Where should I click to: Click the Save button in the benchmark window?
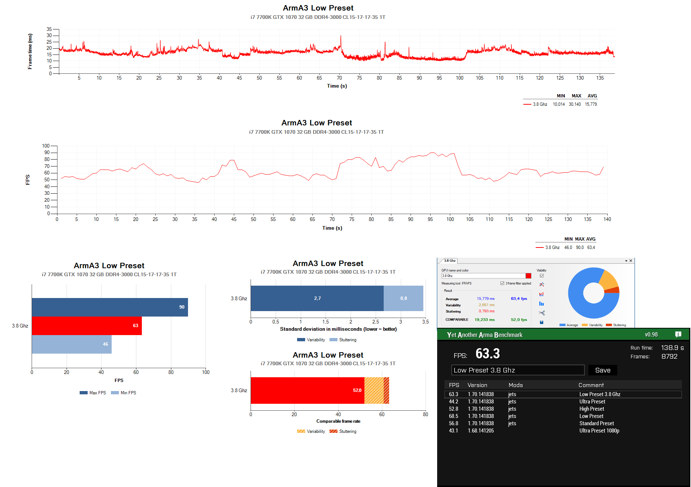(x=603, y=370)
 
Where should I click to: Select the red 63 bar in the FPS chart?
(x=87, y=326)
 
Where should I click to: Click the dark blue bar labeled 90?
(x=110, y=307)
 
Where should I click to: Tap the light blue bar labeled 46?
(x=72, y=344)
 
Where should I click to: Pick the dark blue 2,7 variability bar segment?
(x=317, y=298)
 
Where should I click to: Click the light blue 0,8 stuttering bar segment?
(x=403, y=298)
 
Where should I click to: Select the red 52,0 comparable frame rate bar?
(x=307, y=390)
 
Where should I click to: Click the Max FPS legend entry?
(x=93, y=393)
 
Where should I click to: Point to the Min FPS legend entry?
(x=124, y=393)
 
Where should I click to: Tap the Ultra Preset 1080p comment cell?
(x=599, y=431)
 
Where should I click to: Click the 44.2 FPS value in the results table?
(x=454, y=402)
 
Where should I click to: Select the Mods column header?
(x=516, y=385)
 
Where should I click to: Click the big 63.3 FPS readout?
(x=488, y=354)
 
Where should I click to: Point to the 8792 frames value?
(x=670, y=357)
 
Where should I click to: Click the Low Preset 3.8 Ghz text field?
(x=518, y=370)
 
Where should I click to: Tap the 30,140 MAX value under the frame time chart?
(x=575, y=104)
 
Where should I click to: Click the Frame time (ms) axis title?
(x=30, y=51)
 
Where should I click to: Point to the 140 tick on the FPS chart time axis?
(x=607, y=219)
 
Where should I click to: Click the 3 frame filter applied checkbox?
(x=502, y=283)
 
